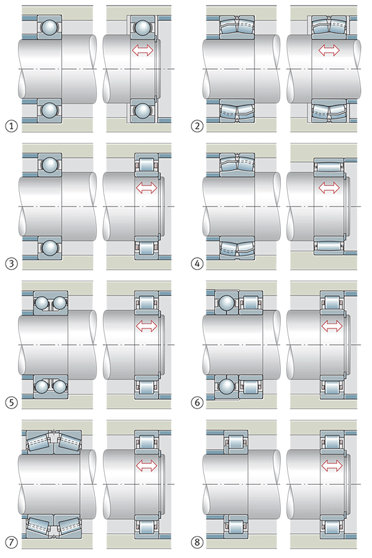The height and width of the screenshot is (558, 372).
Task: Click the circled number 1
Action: (10, 127)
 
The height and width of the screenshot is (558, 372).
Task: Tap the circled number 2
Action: (197, 127)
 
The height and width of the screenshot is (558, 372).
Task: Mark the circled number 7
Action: (10, 542)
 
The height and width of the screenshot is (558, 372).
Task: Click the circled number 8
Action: (197, 542)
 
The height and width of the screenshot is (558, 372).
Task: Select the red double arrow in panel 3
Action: (146, 187)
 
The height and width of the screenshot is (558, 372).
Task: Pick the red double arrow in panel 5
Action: (146, 325)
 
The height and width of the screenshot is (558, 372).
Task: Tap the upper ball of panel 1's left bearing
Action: (48, 27)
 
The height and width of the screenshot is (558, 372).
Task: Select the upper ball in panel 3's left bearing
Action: (48, 164)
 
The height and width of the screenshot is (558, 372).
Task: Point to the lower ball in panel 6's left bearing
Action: (225, 386)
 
